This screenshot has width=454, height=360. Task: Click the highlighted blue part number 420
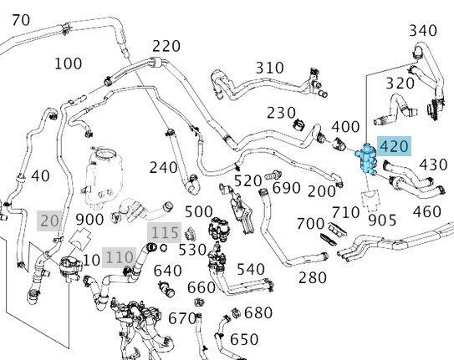click(394, 147)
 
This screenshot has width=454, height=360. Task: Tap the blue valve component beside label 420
click(365, 160)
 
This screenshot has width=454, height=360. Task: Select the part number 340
click(423, 31)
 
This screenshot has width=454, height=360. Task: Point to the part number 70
click(21, 19)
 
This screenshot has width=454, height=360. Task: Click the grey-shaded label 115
click(165, 231)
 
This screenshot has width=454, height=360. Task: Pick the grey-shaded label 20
click(50, 220)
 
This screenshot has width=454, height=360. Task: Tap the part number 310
click(269, 68)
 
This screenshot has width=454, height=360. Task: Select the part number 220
click(166, 46)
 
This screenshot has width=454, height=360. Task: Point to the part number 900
click(89, 220)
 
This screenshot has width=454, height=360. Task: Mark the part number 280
click(313, 277)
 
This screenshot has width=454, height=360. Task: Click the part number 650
click(244, 339)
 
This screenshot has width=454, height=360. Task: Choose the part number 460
click(426, 211)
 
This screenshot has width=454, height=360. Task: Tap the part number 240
click(164, 167)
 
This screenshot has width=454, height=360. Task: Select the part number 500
click(199, 211)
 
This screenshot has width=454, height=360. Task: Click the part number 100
click(68, 63)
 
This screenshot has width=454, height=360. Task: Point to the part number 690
click(287, 187)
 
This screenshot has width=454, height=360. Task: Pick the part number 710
click(346, 212)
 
